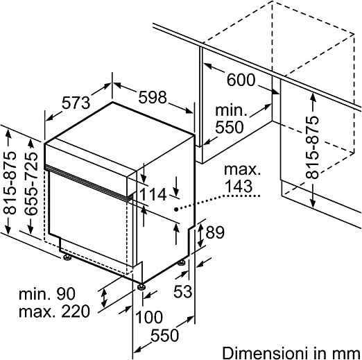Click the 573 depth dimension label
coord(76,103)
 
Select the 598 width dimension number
coord(153,97)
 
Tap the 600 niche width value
coord(241,80)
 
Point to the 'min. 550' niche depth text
coord(230,119)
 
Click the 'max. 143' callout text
coord(242,178)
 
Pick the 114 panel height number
coord(153,194)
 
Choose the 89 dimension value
coord(215,232)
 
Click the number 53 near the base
coord(182,291)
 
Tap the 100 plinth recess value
coord(149,317)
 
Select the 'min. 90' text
coord(47,294)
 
